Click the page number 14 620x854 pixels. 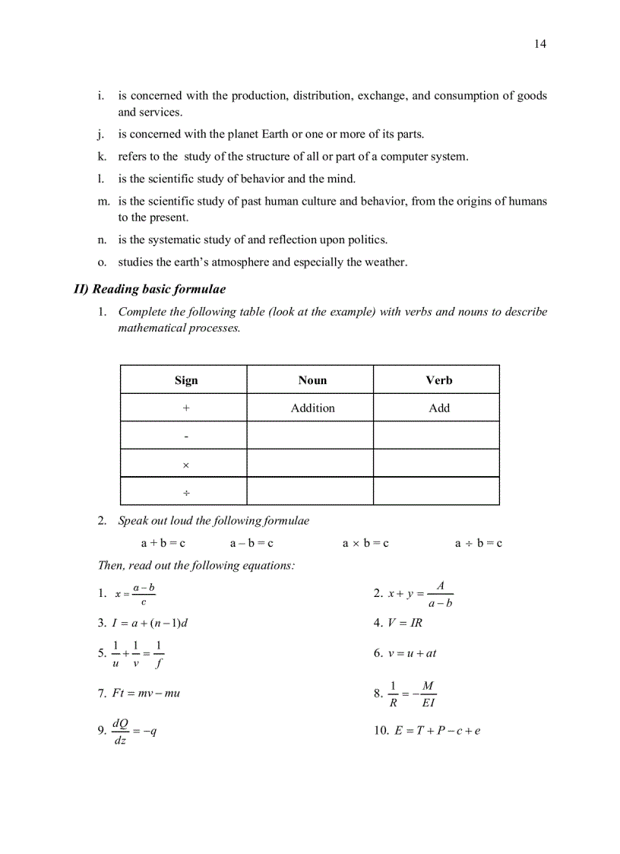(539, 44)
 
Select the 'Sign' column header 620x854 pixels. (185, 380)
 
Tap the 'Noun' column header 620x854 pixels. (312, 380)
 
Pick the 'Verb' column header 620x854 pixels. (438, 380)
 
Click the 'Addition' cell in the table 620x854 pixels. (312, 408)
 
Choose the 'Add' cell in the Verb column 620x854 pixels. (438, 408)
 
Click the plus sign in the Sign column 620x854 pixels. (185, 408)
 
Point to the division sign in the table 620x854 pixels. (185, 493)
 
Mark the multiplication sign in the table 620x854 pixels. (185, 465)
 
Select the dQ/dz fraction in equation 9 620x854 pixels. (120, 731)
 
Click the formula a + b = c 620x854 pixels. (163, 544)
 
